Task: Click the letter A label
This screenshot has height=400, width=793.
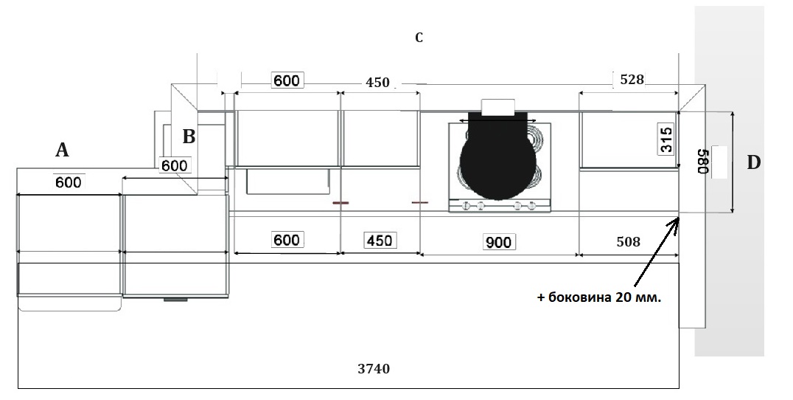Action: (62, 150)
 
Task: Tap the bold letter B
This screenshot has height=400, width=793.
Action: (189, 137)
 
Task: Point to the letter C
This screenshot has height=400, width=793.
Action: (419, 38)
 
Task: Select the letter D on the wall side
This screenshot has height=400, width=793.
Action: (753, 162)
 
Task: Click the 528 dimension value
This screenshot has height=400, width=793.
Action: (632, 79)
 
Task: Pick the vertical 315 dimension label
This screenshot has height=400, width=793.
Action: (666, 139)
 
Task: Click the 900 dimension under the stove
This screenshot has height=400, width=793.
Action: (499, 243)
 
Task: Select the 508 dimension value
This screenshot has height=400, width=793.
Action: (628, 242)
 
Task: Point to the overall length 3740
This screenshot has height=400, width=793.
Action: (374, 368)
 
